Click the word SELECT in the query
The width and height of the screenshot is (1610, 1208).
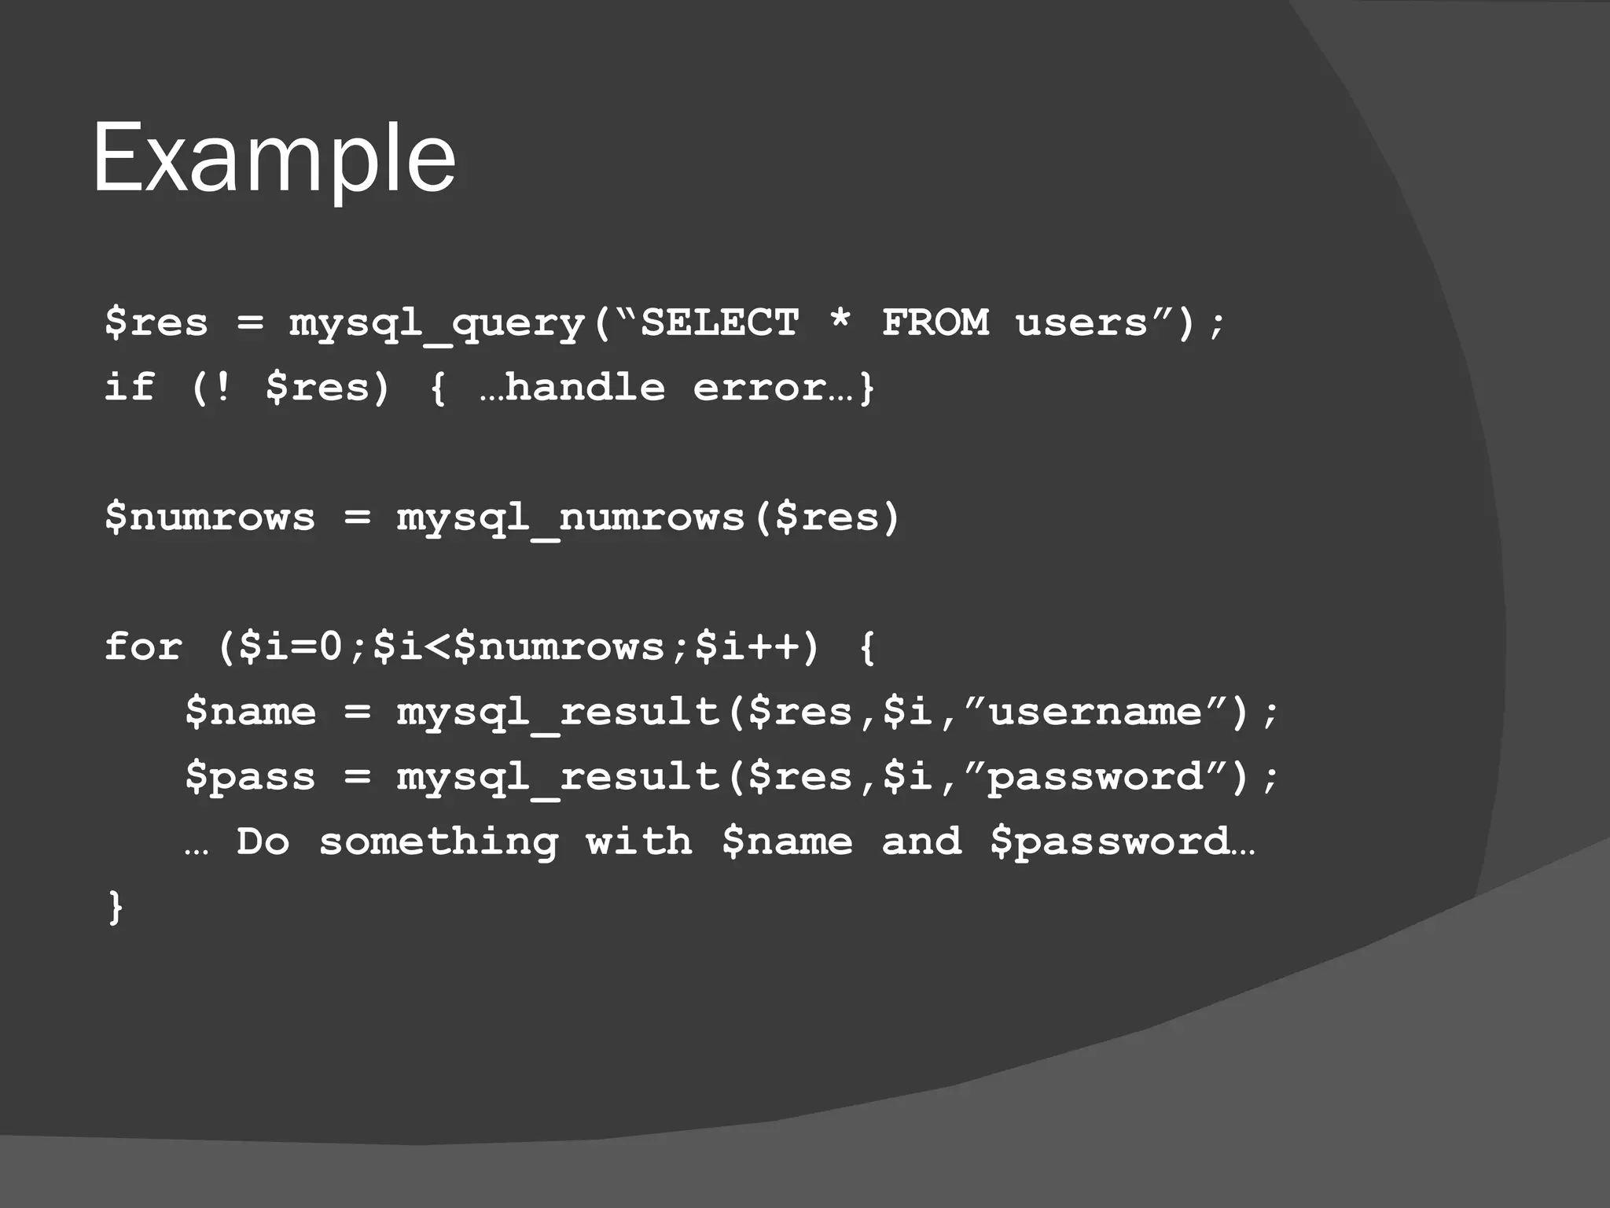720,322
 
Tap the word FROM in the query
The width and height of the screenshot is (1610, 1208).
935,322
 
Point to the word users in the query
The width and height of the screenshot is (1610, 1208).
1082,323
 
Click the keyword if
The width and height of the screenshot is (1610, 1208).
130,387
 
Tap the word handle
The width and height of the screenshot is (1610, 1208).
585,387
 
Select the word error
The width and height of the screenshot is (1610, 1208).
759,388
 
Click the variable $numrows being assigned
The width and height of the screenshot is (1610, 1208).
210,517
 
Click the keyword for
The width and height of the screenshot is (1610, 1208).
143,647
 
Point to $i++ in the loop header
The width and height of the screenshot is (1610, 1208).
747,647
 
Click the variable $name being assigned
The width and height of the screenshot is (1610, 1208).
251,713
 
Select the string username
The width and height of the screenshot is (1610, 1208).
1095,713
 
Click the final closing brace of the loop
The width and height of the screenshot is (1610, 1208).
116,907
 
